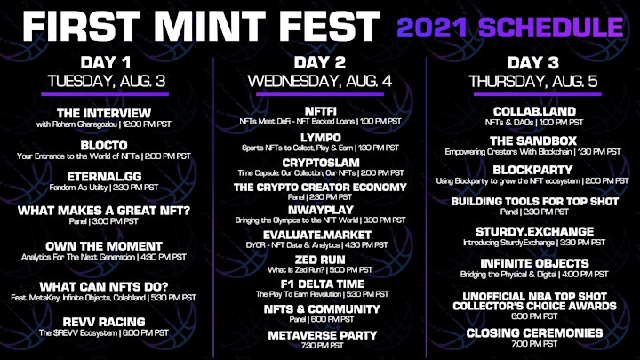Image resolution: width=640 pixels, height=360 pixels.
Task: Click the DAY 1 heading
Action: [x=105, y=63]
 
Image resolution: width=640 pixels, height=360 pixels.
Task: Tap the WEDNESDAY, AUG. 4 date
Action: [x=320, y=81]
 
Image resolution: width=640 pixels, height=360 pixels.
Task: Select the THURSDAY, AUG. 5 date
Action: [x=533, y=81]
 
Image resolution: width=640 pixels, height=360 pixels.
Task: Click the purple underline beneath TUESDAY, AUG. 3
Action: [x=105, y=94]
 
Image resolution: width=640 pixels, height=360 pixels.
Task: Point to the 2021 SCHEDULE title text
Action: [x=510, y=28]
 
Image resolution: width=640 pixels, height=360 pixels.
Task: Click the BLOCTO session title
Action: [x=104, y=145]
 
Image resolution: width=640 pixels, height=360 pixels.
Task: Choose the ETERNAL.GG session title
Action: [x=104, y=177]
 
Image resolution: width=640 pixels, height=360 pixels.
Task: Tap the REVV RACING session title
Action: [x=104, y=322]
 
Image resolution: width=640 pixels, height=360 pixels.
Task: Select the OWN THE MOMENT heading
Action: [x=104, y=246]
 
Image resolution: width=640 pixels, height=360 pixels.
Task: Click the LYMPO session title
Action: [x=320, y=138]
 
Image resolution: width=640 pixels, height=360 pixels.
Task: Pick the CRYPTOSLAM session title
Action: [x=321, y=163]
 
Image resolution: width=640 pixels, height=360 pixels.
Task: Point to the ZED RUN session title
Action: [x=320, y=260]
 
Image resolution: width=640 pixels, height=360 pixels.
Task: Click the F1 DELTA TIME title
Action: [x=323, y=284]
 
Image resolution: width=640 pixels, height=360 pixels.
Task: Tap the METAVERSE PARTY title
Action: [x=323, y=335]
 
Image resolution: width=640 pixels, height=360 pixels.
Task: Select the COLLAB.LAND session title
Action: [x=534, y=111]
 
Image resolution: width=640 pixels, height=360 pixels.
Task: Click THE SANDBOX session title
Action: [x=533, y=141]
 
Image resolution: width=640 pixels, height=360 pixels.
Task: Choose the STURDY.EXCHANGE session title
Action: [x=534, y=232]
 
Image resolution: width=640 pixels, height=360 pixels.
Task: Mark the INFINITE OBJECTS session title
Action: [x=534, y=264]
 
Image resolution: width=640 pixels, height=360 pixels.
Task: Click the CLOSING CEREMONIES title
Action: [x=534, y=333]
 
